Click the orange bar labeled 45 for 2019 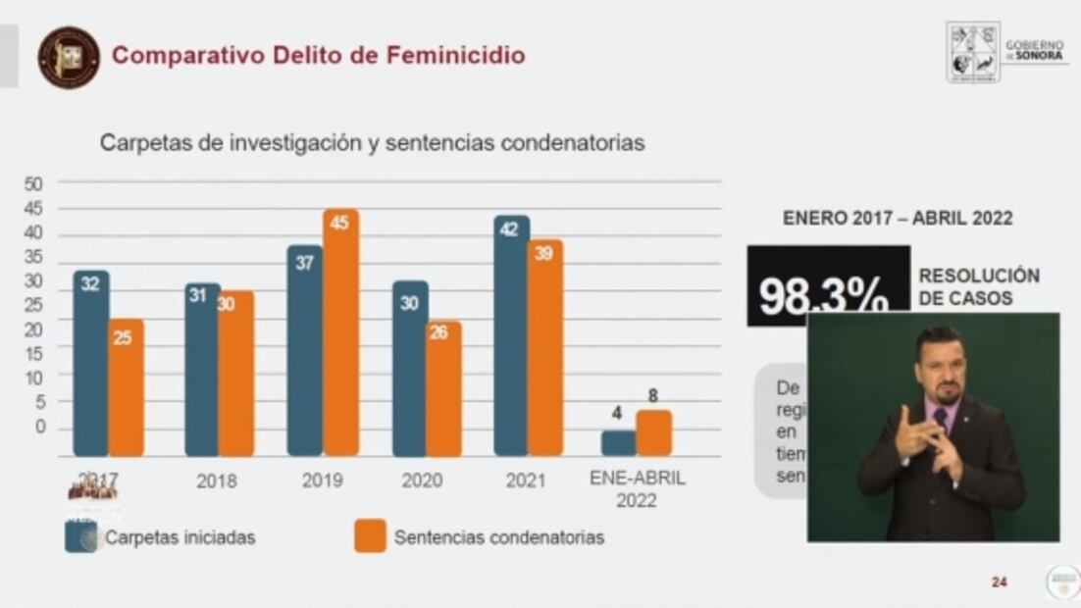pyautogui.click(x=340, y=333)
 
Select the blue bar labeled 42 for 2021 pyautogui.click(x=511, y=335)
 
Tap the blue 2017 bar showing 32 pyautogui.click(x=91, y=363)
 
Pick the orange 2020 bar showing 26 pyautogui.click(x=443, y=388)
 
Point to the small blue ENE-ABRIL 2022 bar pyautogui.click(x=618, y=442)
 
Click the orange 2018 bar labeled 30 pyautogui.click(x=236, y=373)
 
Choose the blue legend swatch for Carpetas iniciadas pyautogui.click(x=80, y=537)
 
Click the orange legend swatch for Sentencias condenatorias pyautogui.click(x=370, y=537)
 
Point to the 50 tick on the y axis pyautogui.click(x=33, y=183)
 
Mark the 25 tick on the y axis pyautogui.click(x=33, y=305)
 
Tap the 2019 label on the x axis pyautogui.click(x=323, y=481)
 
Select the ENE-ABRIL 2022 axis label pyautogui.click(x=637, y=489)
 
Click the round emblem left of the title pyautogui.click(x=69, y=57)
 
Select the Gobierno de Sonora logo pyautogui.click(x=1006, y=52)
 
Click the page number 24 pyautogui.click(x=999, y=583)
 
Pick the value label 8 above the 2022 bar pyautogui.click(x=654, y=397)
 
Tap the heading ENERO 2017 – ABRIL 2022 pyautogui.click(x=898, y=219)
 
